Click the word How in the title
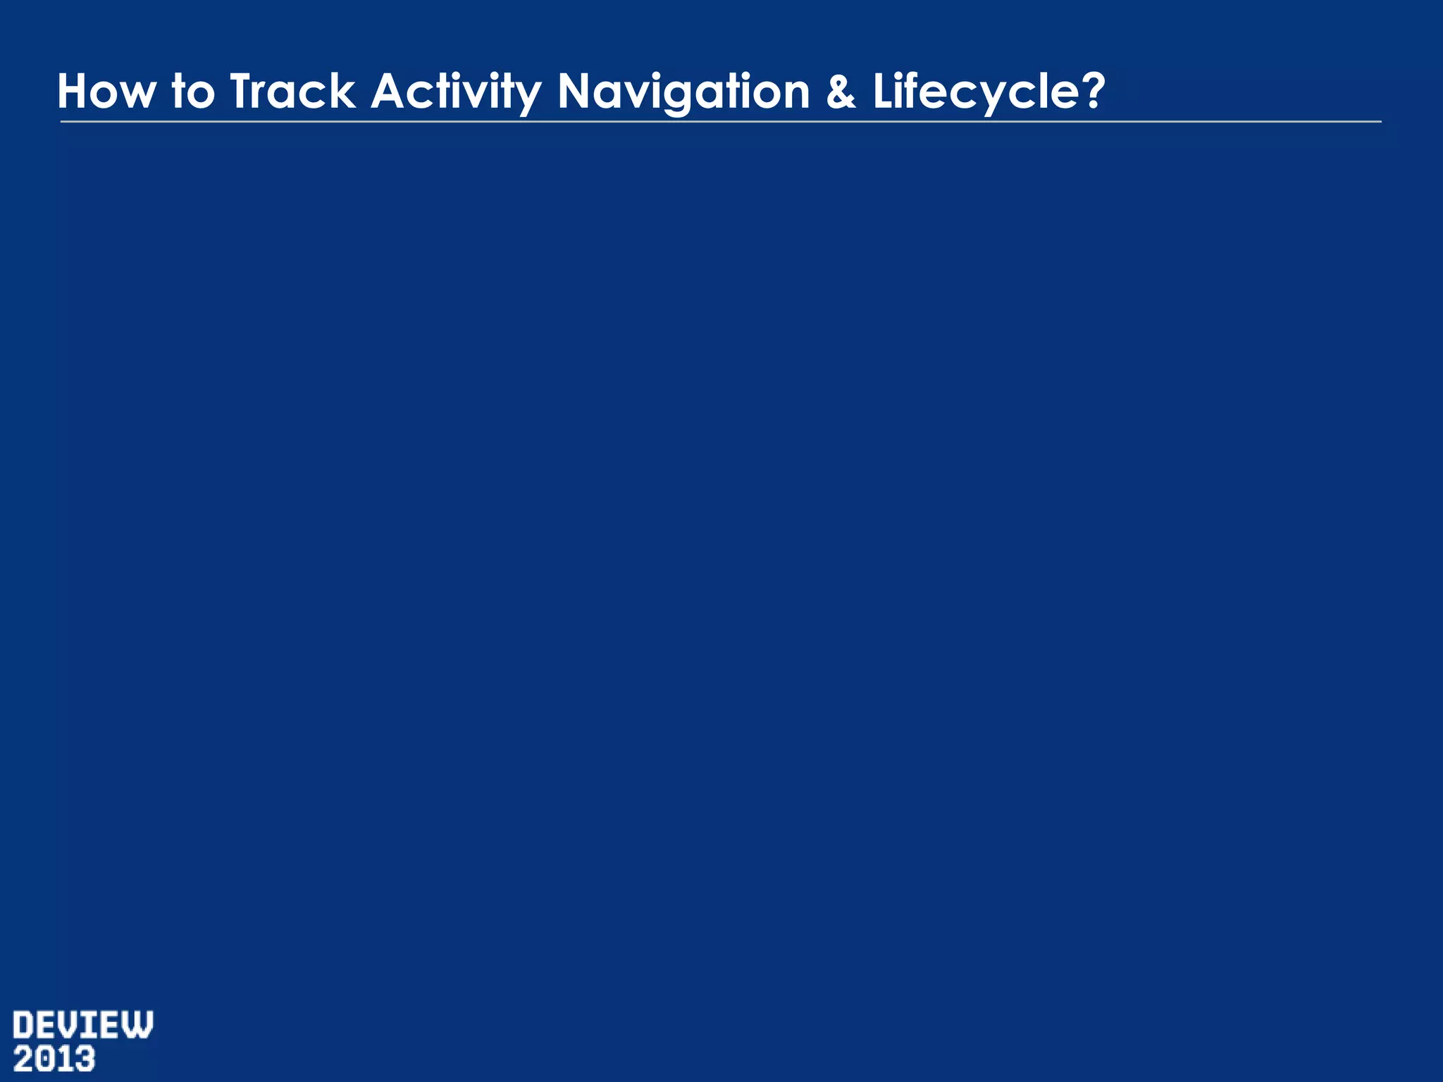click(x=105, y=92)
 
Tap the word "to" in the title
click(x=193, y=92)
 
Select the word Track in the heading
click(x=292, y=92)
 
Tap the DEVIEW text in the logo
click(x=83, y=1026)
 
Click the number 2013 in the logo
click(x=54, y=1059)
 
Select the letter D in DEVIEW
click(x=25, y=1026)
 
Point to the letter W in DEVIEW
click(x=138, y=1026)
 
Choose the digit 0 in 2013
click(x=44, y=1059)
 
